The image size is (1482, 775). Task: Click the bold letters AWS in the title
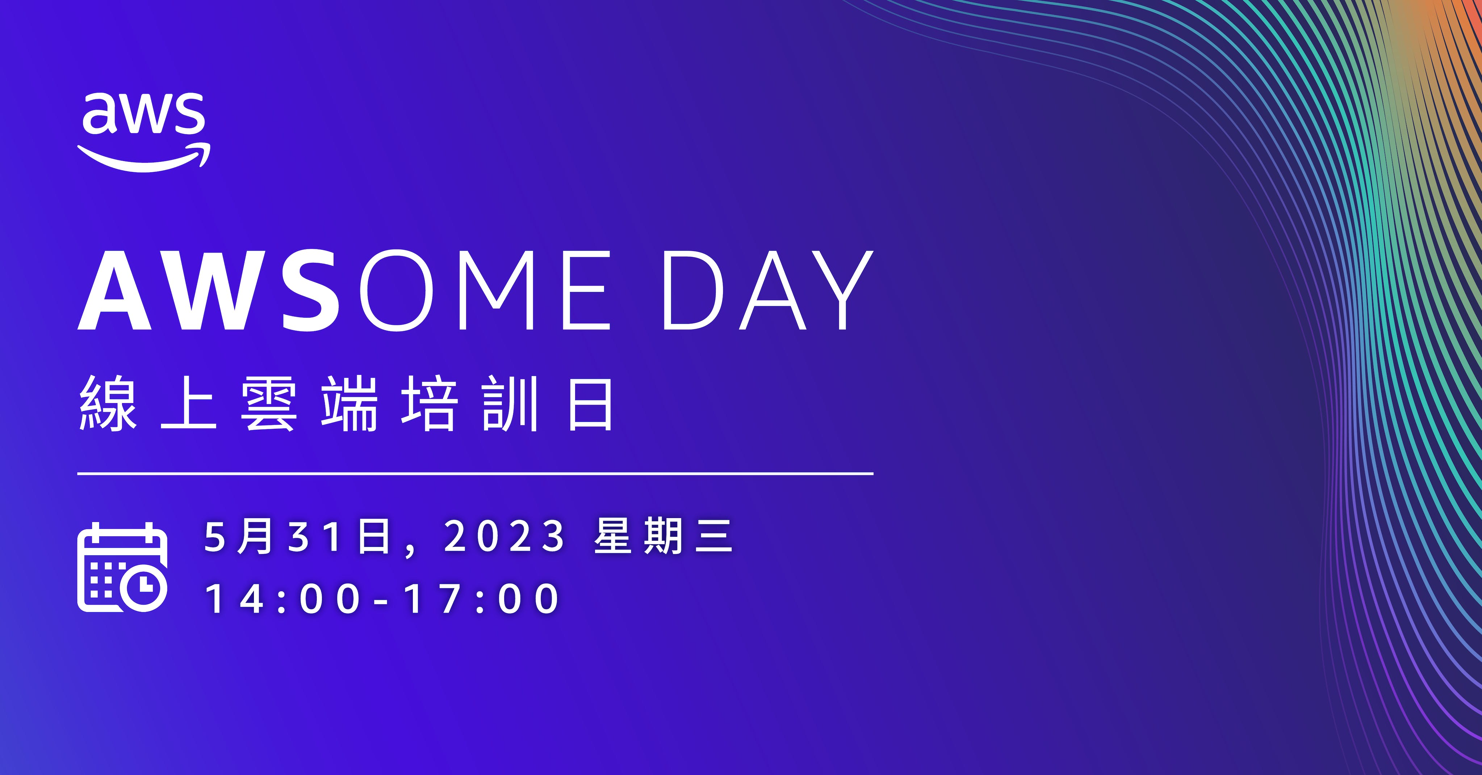point(208,290)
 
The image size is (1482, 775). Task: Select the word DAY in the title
point(767,290)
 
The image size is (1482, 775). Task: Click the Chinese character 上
point(189,403)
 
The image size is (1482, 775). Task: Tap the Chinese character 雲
point(269,403)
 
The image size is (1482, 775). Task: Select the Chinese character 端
point(349,403)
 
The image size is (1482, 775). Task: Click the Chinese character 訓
point(510,403)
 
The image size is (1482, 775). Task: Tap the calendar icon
point(122,567)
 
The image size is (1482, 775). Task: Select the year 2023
point(505,537)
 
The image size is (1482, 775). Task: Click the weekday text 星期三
point(663,537)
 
